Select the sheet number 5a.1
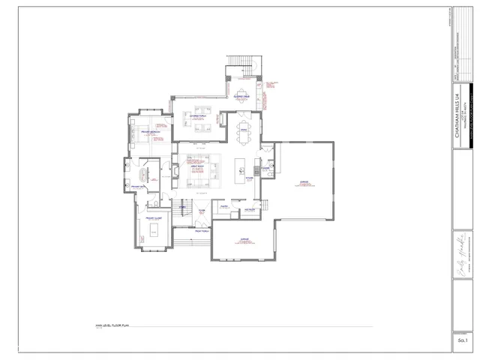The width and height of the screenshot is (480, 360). pos(462,341)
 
